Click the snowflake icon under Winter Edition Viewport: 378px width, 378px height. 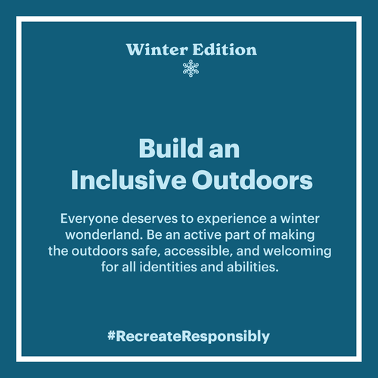tap(191, 68)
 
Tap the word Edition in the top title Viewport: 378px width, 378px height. tap(225, 49)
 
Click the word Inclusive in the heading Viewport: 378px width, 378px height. tap(129, 180)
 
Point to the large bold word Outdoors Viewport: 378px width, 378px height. tap(253, 180)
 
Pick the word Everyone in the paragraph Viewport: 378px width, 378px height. tap(89, 218)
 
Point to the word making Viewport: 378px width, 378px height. tap(292, 236)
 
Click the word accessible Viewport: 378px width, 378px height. tap(198, 251)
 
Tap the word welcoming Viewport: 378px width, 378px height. tap(297, 252)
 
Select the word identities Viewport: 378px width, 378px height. tap(168, 267)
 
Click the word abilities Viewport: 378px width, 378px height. tap(253, 267)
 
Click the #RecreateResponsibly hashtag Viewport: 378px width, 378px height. tap(188, 336)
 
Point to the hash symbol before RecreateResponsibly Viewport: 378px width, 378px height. tap(111, 336)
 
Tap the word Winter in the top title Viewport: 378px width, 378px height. tap(157, 49)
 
